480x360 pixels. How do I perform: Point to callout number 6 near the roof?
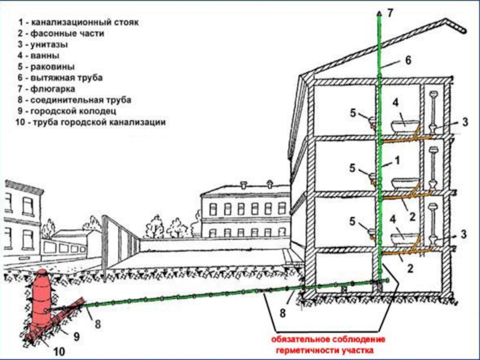pyautogui.click(x=407, y=60)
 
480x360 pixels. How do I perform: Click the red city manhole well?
pyautogui.click(x=43, y=297)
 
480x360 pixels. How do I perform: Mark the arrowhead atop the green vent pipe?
pyautogui.click(x=379, y=13)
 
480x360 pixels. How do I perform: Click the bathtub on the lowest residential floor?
pyautogui.click(x=404, y=238)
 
